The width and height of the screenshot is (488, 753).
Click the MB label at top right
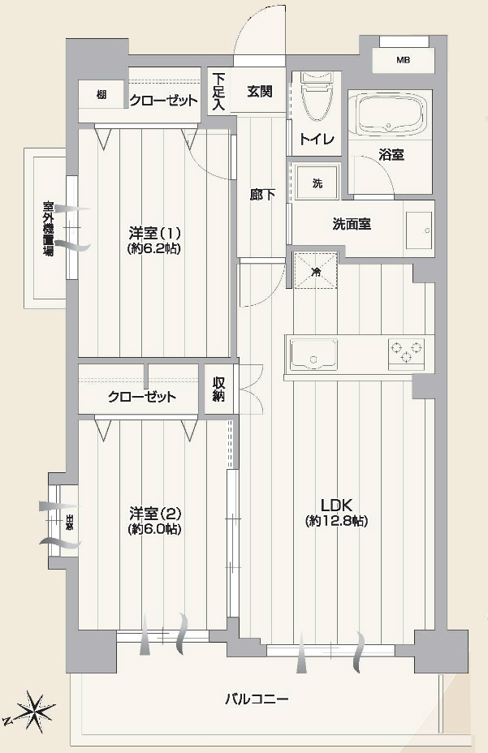tap(403, 60)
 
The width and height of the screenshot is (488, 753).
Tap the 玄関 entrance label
tap(260, 91)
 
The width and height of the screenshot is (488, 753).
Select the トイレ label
tap(317, 139)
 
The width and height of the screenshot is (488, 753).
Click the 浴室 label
tap(391, 154)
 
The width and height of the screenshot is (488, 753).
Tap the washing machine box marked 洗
tap(317, 183)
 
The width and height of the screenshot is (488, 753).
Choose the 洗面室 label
tap(352, 224)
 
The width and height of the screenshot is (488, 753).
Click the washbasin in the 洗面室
tap(420, 230)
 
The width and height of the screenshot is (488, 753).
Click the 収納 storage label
tap(218, 390)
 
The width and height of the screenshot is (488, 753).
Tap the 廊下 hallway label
tap(261, 195)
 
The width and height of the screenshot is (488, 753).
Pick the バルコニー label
tap(257, 699)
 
